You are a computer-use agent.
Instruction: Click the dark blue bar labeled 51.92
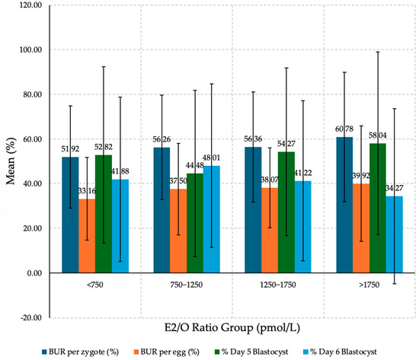tap(70, 215)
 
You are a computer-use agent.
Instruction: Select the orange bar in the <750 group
tap(87, 236)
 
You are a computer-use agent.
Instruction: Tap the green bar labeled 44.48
tap(195, 223)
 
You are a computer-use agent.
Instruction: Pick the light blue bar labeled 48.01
tap(212, 219)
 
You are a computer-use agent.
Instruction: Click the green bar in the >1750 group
tap(378, 208)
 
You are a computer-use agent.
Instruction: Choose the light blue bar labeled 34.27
tap(395, 234)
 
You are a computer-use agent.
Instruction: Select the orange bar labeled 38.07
tap(270, 230)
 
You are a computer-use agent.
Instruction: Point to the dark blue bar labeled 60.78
tap(344, 205)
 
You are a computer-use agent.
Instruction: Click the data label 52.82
tap(104, 147)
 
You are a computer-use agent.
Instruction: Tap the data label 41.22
tap(302, 173)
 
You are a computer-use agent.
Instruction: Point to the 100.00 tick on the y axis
tap(30, 49)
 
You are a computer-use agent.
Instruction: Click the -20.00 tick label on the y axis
tap(30, 317)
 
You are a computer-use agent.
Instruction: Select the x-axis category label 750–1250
tap(186, 285)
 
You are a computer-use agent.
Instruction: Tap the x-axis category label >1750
tap(369, 285)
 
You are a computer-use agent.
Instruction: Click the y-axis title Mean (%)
tap(11, 161)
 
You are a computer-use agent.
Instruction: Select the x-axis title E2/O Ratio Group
tap(209, 327)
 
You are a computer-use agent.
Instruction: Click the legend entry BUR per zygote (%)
tap(80, 352)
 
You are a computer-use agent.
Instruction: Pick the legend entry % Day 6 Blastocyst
tap(340, 352)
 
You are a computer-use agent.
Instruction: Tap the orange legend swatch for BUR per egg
tap(136, 352)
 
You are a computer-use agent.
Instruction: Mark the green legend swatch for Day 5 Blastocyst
tap(217, 352)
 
